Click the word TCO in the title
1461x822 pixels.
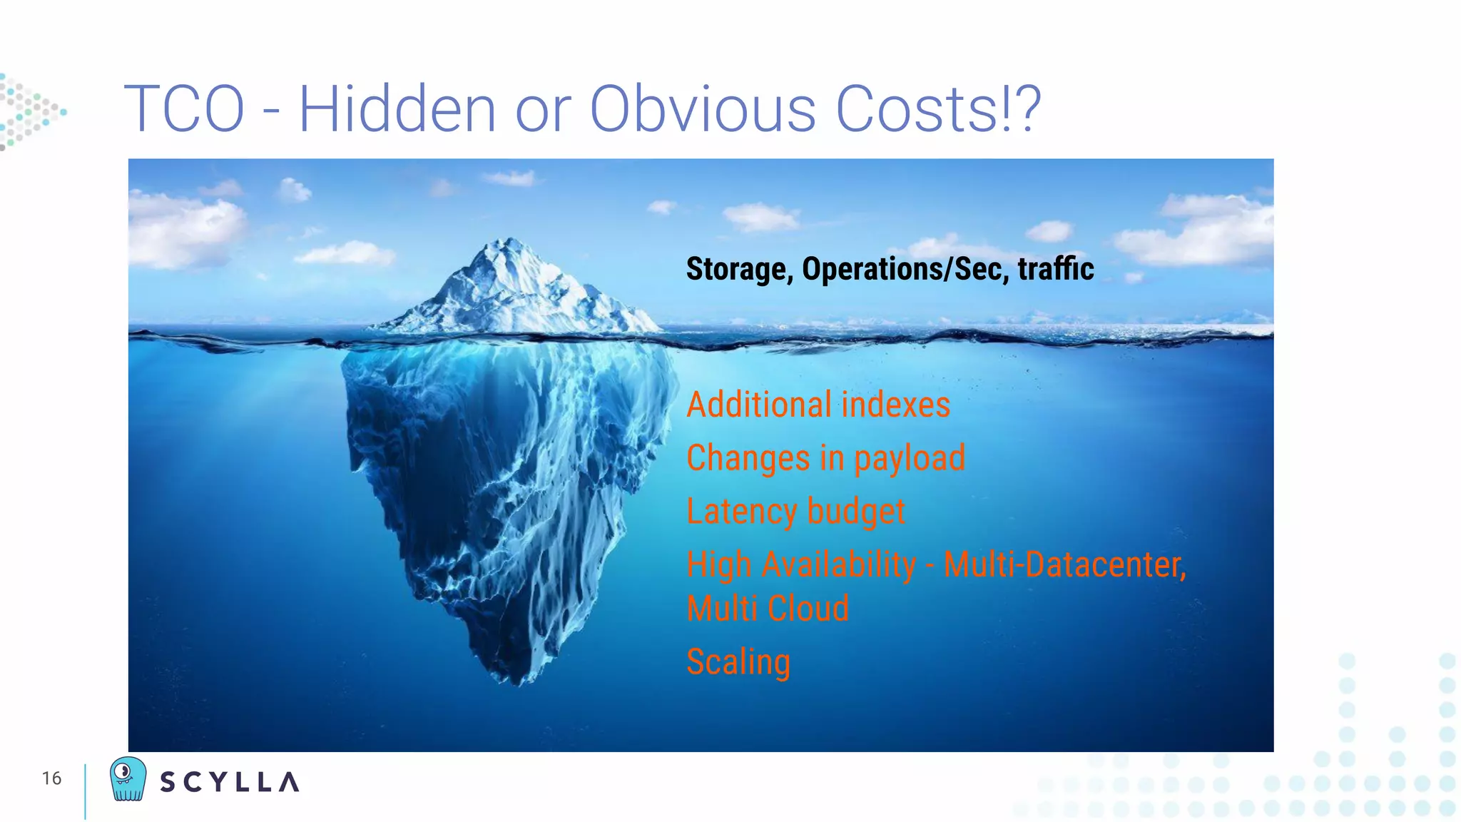185,109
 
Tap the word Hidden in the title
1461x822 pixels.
397,109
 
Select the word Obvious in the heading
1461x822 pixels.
703,109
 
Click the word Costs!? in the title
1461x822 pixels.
938,109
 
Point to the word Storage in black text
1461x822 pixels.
739,270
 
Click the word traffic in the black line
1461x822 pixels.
1056,268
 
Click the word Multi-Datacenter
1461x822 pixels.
1064,565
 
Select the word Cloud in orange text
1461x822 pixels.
808,609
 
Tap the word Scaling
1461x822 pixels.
738,662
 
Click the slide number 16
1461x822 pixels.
51,778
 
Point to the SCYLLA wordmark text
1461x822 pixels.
229,782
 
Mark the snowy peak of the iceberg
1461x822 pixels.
508,246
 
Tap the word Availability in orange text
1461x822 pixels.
839,565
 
